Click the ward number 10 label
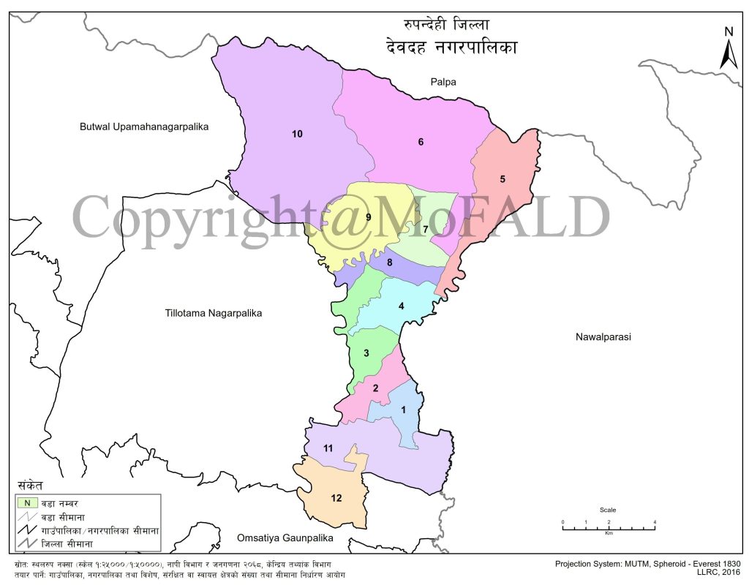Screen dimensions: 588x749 [x=297, y=134]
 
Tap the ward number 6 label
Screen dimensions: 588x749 [x=421, y=142]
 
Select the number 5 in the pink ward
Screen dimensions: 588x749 [x=503, y=179]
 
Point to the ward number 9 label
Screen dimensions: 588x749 [x=369, y=217]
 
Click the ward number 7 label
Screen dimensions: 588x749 [x=425, y=230]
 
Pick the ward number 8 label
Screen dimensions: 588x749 [x=390, y=263]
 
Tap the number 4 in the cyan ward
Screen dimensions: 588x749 [x=401, y=306]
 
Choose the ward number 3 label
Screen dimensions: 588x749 [x=366, y=354]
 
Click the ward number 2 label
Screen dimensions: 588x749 [x=375, y=388]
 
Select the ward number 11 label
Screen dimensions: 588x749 [x=329, y=448]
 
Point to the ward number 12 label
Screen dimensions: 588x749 [x=336, y=498]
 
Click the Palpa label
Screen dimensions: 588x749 [x=443, y=82]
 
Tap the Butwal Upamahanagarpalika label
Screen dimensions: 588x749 [x=144, y=127]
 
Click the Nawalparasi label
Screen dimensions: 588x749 [x=603, y=337]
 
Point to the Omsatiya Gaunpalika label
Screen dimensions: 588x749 [x=285, y=538]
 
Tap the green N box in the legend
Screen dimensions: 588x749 [x=27, y=502]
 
